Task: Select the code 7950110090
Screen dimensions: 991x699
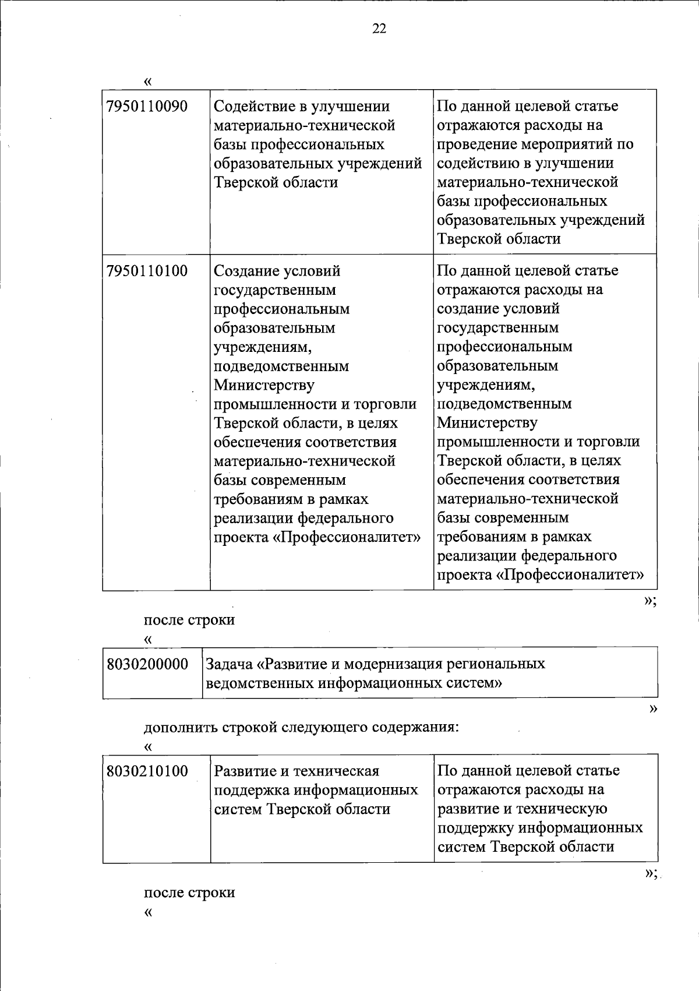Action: coord(147,107)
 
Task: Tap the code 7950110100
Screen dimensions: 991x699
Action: coord(147,271)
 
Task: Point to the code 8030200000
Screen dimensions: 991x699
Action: coord(148,664)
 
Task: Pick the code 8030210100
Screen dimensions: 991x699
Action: coord(147,771)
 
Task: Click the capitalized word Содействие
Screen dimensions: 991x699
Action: coord(252,107)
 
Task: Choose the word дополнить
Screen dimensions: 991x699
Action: coord(181,728)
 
